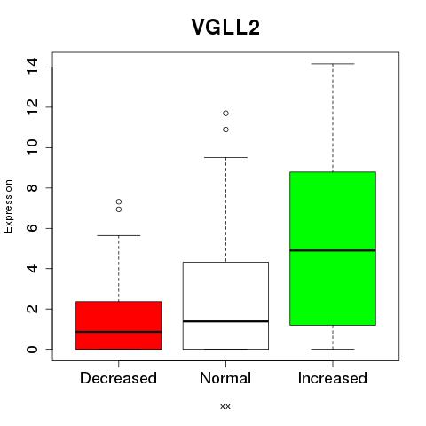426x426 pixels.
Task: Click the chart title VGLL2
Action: [x=225, y=28]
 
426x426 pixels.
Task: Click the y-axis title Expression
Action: [x=8, y=206]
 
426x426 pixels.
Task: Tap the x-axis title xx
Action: [x=225, y=406]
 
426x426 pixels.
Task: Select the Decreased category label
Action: [x=118, y=378]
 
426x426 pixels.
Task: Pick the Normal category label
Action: [x=225, y=378]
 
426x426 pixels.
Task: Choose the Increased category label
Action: [x=333, y=378]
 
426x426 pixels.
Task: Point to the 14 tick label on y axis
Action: [x=32, y=67]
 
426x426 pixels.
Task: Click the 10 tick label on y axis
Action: [x=32, y=147]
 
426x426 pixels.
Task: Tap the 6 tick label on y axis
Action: [x=32, y=228]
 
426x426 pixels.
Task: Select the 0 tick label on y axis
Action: [x=32, y=349]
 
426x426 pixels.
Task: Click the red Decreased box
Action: [x=119, y=326]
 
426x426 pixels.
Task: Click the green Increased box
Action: [x=333, y=248]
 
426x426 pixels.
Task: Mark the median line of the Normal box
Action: [x=225, y=321]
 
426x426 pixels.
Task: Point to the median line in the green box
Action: [x=333, y=250]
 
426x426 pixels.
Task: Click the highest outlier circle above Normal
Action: [x=225, y=114]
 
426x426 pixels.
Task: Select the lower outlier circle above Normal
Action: [x=225, y=130]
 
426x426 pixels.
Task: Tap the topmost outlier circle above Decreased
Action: [x=119, y=201]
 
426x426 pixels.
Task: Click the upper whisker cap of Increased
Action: [x=333, y=64]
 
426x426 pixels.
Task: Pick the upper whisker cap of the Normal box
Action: [x=225, y=157]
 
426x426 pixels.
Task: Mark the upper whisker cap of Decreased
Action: [x=119, y=235]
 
